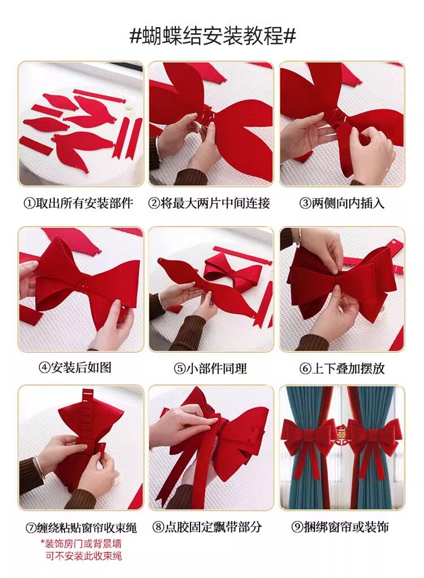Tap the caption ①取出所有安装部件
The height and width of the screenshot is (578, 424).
point(79,203)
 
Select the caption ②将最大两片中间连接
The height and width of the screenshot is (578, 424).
point(209,203)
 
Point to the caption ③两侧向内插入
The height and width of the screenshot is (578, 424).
point(341,203)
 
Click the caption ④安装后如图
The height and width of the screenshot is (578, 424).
point(75,367)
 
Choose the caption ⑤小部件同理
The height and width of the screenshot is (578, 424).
point(210,368)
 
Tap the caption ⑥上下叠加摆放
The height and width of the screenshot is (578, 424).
point(342,368)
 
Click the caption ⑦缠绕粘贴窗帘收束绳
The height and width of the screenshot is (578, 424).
point(81,528)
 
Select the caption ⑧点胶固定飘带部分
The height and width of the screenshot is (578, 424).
point(207,527)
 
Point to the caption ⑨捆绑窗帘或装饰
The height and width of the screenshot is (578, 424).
point(340,527)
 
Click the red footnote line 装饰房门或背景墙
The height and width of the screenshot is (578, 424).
point(81,544)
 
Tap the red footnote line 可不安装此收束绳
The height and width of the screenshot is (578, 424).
point(84,556)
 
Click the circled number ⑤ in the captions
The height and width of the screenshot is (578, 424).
point(180,369)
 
